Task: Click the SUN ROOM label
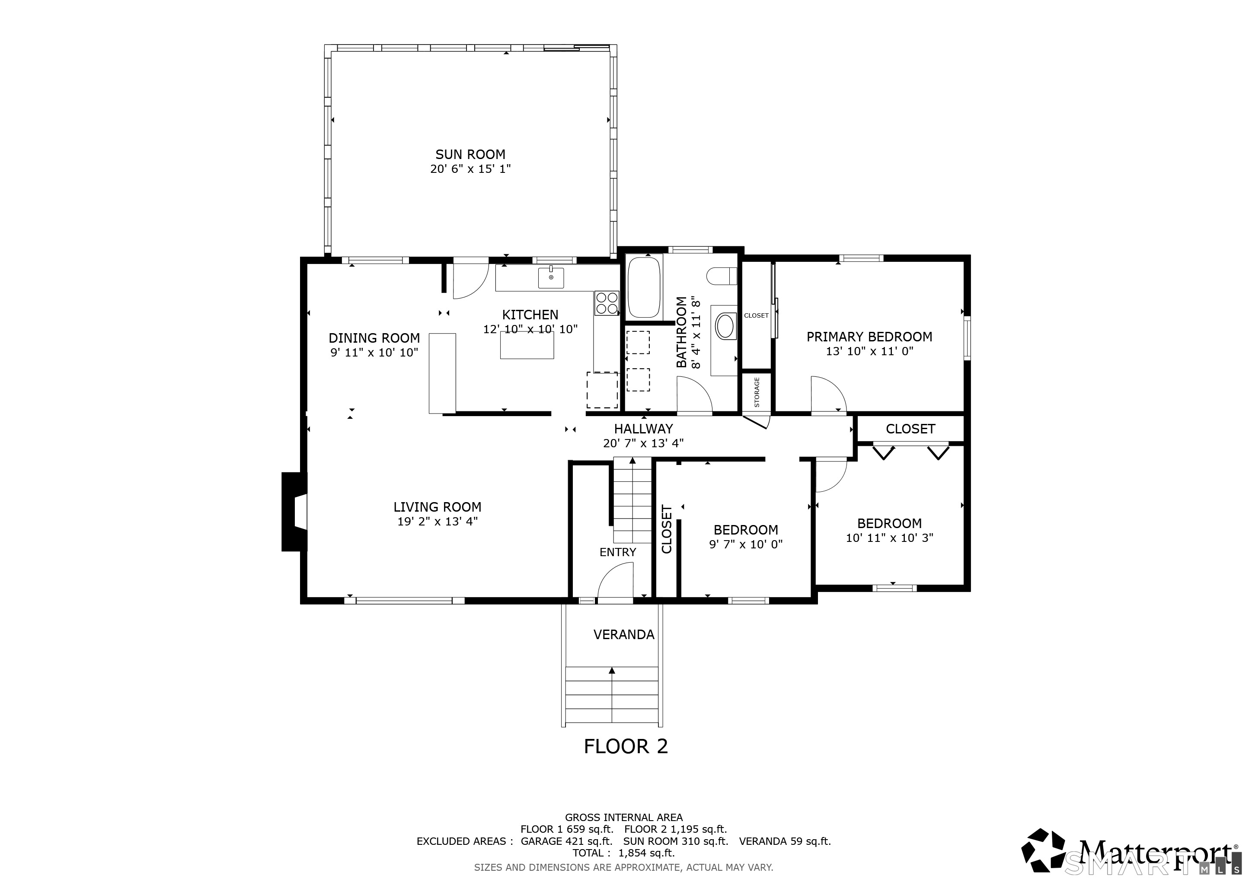tap(470, 154)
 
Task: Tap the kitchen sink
tap(551, 277)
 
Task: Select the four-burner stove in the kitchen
tap(607, 303)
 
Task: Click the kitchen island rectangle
tap(527, 344)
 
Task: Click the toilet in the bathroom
tap(722, 276)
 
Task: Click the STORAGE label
tap(757, 392)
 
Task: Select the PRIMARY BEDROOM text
tap(869, 337)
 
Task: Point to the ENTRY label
tap(618, 552)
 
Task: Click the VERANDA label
tap(624, 634)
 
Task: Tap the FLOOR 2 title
tap(626, 746)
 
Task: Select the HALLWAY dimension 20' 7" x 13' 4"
tap(643, 443)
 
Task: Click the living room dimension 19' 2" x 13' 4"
tap(438, 521)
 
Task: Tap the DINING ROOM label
tap(374, 338)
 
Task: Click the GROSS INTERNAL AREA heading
tap(624, 818)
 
